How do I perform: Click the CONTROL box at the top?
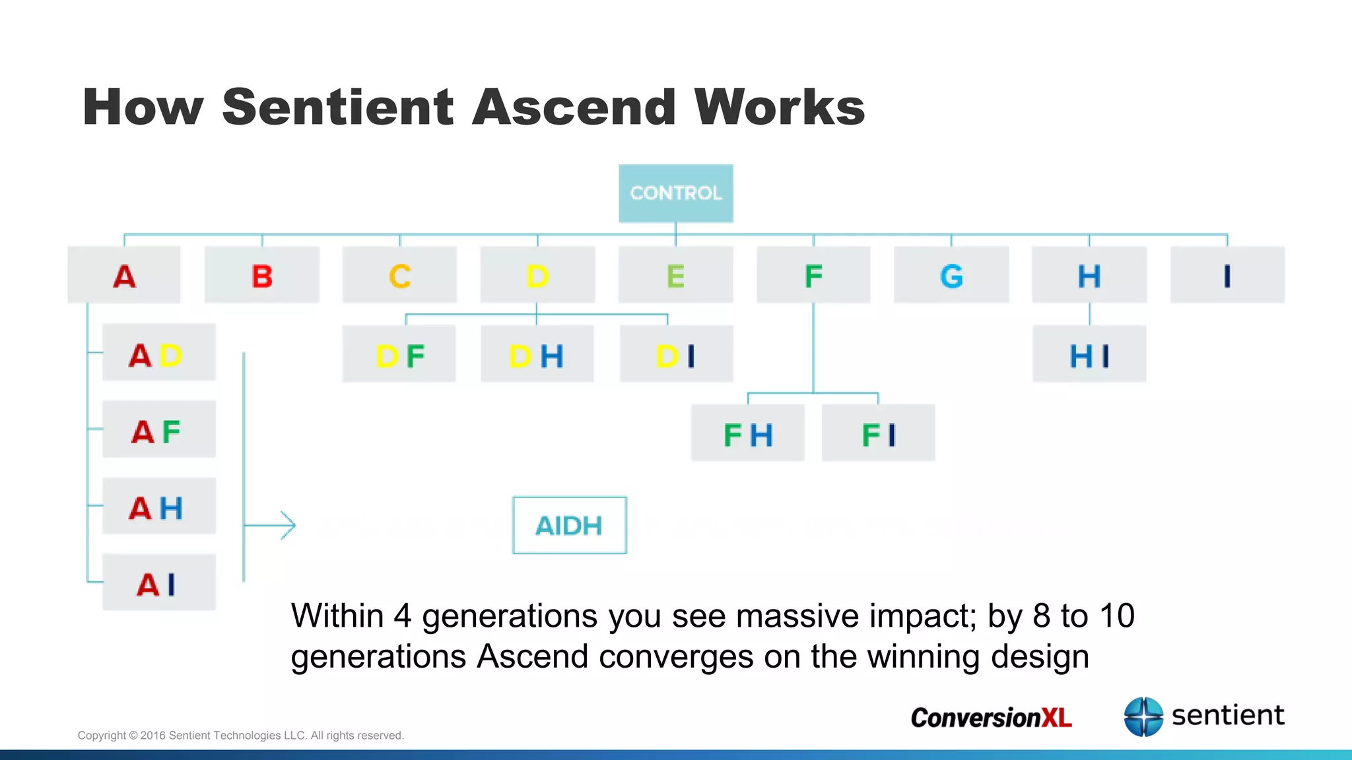[x=675, y=193]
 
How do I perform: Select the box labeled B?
[x=262, y=275]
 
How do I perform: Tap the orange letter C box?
[x=399, y=275]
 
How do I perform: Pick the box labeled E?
[x=675, y=275]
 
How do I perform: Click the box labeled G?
[x=951, y=275]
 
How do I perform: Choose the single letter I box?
[x=1227, y=275]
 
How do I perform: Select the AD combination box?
[x=158, y=352]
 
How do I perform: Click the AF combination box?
[x=158, y=429]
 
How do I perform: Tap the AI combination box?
[x=158, y=583]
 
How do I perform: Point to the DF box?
[x=399, y=354]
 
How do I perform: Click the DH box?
[x=537, y=354]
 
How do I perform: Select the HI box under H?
[x=1089, y=354]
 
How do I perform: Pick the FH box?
[x=747, y=433]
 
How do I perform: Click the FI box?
[x=878, y=433]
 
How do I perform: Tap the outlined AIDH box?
[x=569, y=526]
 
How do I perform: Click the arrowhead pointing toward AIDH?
[x=288, y=526]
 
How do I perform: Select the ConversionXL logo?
[x=991, y=717]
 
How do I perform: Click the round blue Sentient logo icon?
[x=1143, y=716]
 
